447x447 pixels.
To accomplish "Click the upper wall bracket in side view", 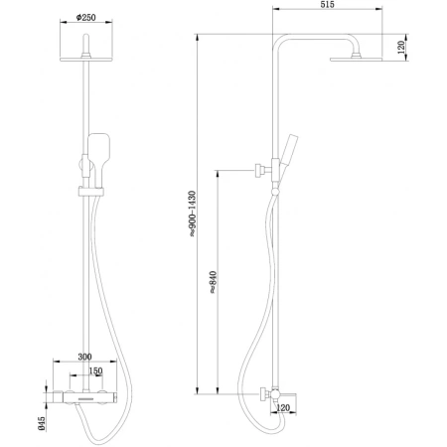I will (x=262, y=171).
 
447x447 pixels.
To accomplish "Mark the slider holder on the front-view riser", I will (x=87, y=186).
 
